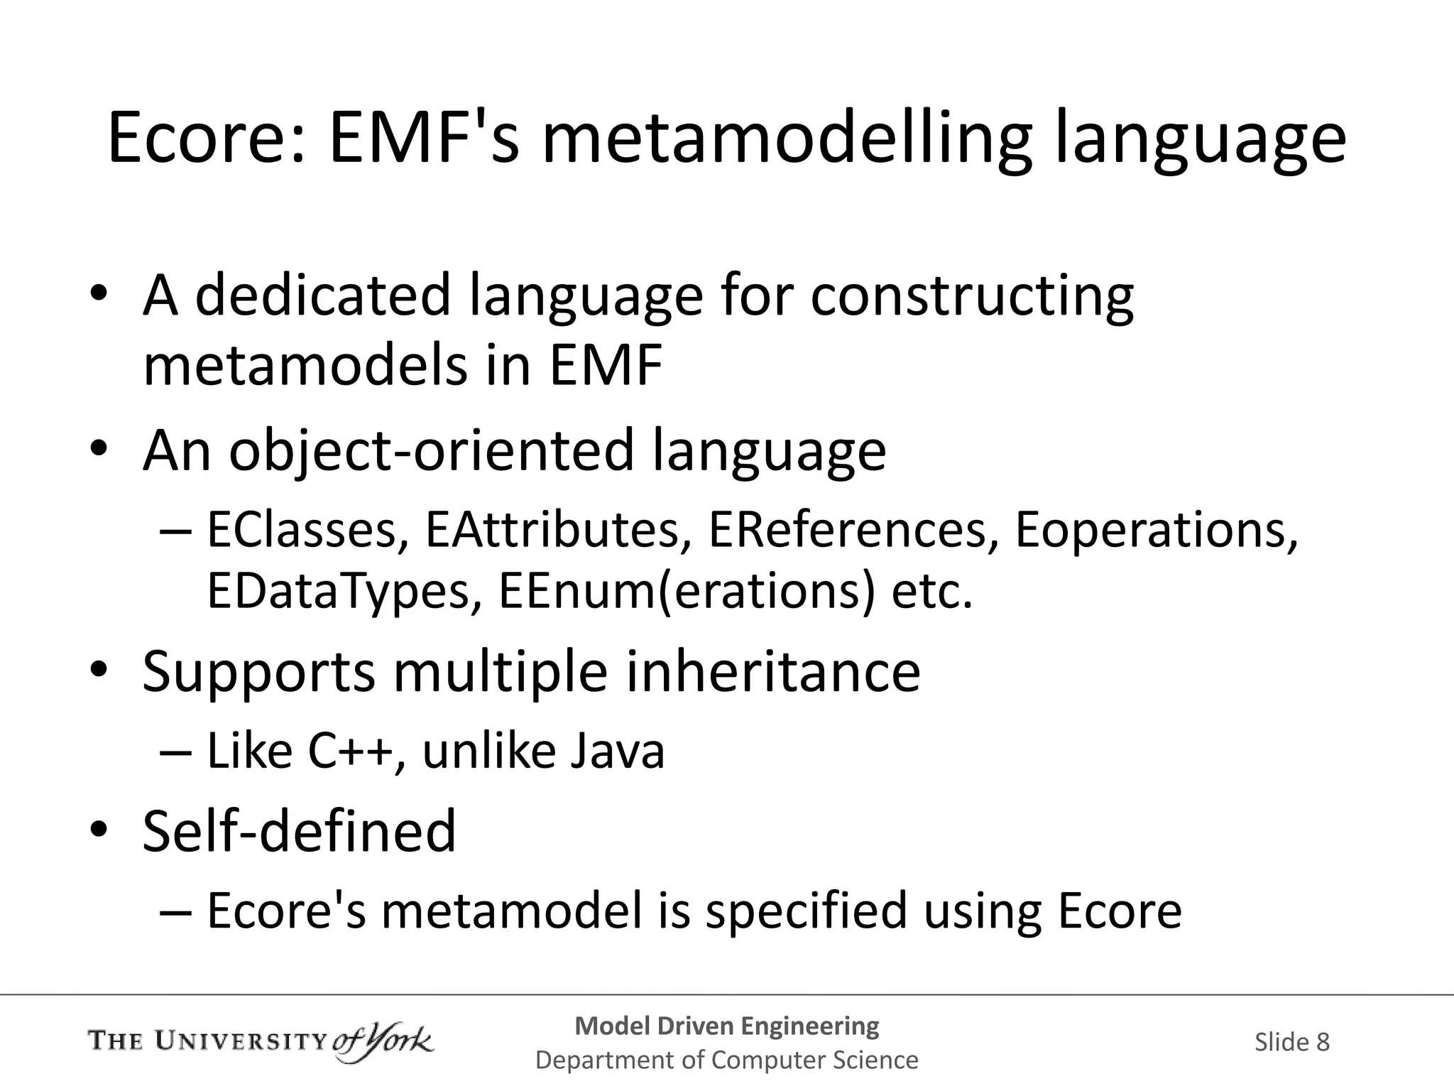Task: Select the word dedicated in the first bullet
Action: coord(323,295)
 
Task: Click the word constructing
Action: coord(972,295)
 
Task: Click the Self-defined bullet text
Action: coord(299,831)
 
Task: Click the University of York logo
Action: coord(260,1042)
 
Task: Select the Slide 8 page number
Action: coord(1291,1042)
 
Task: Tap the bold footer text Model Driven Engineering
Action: coord(726,1026)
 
